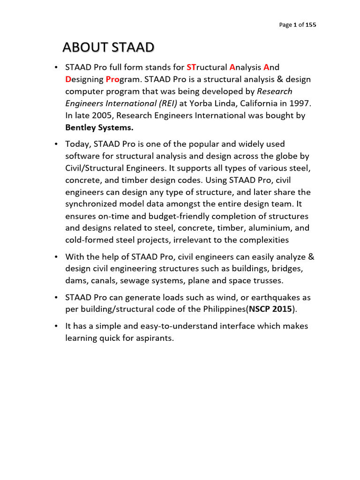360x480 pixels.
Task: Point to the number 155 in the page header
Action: [x=311, y=25]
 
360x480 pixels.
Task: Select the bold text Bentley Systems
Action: [x=96, y=128]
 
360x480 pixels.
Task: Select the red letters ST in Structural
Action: [x=192, y=67]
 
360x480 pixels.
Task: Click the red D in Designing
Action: [x=68, y=79]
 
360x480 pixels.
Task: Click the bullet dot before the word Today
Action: [x=56, y=144]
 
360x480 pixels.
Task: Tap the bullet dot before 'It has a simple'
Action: [x=56, y=326]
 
